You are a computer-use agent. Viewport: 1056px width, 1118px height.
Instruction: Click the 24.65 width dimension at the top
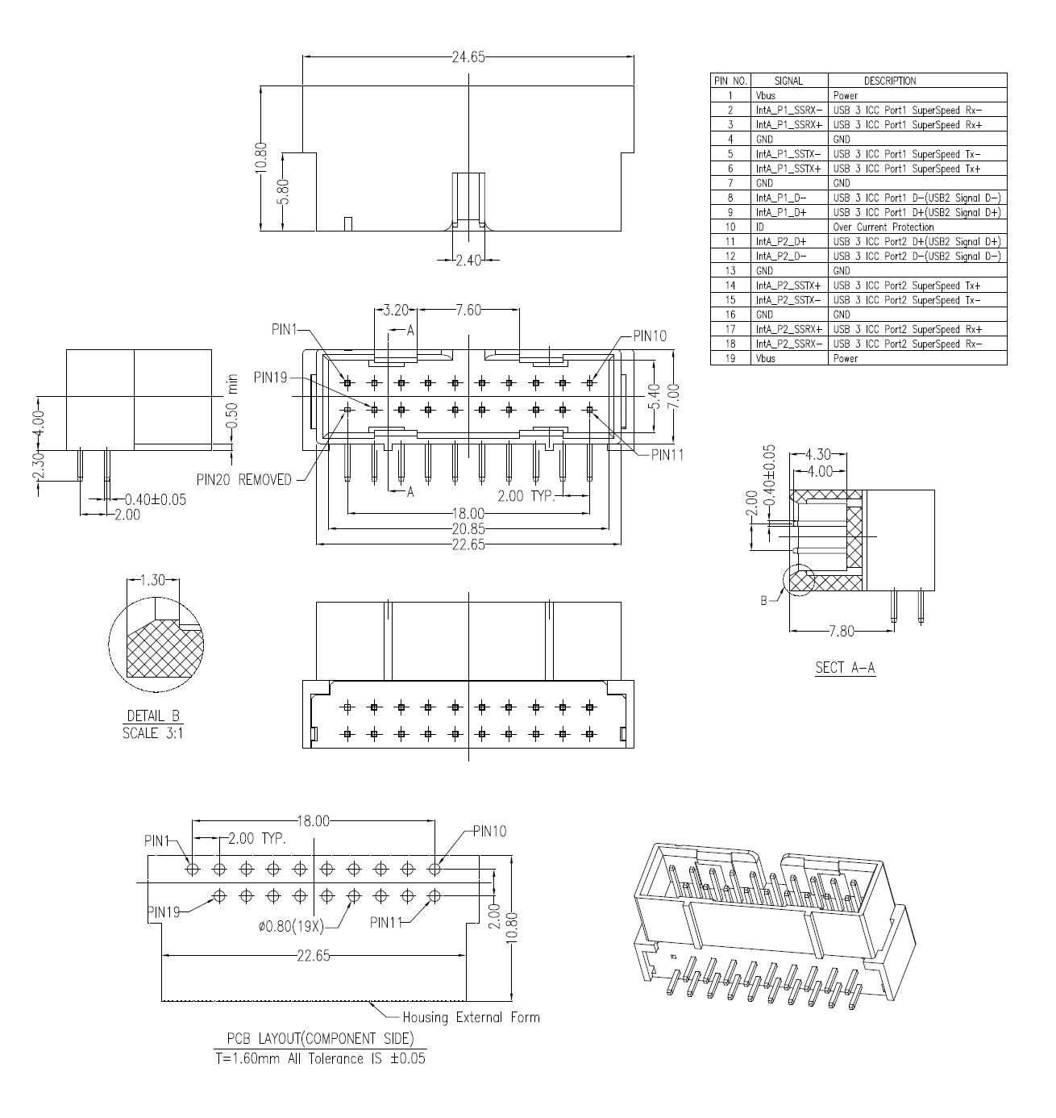pos(468,56)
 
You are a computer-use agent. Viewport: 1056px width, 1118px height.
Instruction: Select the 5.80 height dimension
pos(284,192)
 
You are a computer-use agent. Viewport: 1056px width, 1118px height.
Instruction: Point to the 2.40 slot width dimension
pos(468,261)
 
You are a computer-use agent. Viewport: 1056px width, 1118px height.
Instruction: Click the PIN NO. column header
pos(730,81)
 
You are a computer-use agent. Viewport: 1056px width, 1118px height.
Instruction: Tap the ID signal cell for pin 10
pos(760,227)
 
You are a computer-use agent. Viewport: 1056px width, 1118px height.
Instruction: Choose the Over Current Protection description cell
pos(883,227)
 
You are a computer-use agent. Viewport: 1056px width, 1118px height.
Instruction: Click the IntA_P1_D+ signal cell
pos(781,213)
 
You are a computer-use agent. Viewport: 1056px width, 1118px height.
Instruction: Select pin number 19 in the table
pos(730,358)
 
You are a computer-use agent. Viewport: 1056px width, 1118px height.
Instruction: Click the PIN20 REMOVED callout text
pos(243,480)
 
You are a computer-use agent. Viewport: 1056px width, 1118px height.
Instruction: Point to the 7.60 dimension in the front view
pos(468,310)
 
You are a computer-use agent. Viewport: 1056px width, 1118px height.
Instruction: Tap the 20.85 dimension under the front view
pos(468,529)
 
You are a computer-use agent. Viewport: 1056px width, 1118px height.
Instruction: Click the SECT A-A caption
pos(845,667)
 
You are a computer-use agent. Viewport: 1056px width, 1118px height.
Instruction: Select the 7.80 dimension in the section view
pos(841,632)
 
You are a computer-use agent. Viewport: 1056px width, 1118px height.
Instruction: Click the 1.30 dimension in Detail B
pos(152,580)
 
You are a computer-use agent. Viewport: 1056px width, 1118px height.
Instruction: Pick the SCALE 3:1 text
pos(153,733)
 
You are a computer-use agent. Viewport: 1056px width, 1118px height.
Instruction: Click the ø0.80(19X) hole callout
pos(291,926)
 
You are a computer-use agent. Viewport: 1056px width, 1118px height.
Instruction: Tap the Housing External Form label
pos(471,1017)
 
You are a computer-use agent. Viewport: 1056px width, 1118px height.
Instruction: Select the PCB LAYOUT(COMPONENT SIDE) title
pos(321,1038)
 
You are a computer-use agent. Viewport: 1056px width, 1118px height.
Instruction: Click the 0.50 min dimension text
pos(231,402)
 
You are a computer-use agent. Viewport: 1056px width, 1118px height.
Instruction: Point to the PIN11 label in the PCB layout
pos(386,922)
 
